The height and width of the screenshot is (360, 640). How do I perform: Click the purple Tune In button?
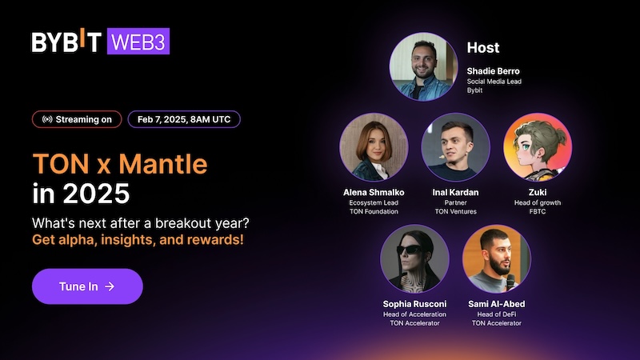point(87,286)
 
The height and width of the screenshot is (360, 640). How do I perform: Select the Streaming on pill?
point(77,120)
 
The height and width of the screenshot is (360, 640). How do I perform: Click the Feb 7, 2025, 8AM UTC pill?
point(183,120)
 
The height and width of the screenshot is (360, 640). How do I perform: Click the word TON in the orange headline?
point(59,164)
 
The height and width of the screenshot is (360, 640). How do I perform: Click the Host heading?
point(483,48)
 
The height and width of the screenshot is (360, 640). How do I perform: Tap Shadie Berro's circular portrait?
point(422,66)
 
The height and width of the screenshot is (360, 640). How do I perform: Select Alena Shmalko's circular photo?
point(373,147)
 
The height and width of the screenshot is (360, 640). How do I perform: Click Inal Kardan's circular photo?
point(455,147)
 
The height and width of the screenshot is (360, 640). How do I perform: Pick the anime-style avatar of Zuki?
point(537,147)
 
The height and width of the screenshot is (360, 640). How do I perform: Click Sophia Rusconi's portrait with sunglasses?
point(414,258)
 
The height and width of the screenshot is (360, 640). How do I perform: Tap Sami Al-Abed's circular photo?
point(496,258)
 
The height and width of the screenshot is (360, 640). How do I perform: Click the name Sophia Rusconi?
point(414,304)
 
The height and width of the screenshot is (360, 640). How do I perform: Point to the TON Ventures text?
point(455,211)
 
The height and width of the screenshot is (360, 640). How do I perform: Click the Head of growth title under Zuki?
point(538,202)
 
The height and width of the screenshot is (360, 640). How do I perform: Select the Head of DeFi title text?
point(496,314)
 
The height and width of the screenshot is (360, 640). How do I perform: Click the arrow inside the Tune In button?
point(110,286)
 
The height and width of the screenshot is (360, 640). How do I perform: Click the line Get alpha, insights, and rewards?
point(138,239)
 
